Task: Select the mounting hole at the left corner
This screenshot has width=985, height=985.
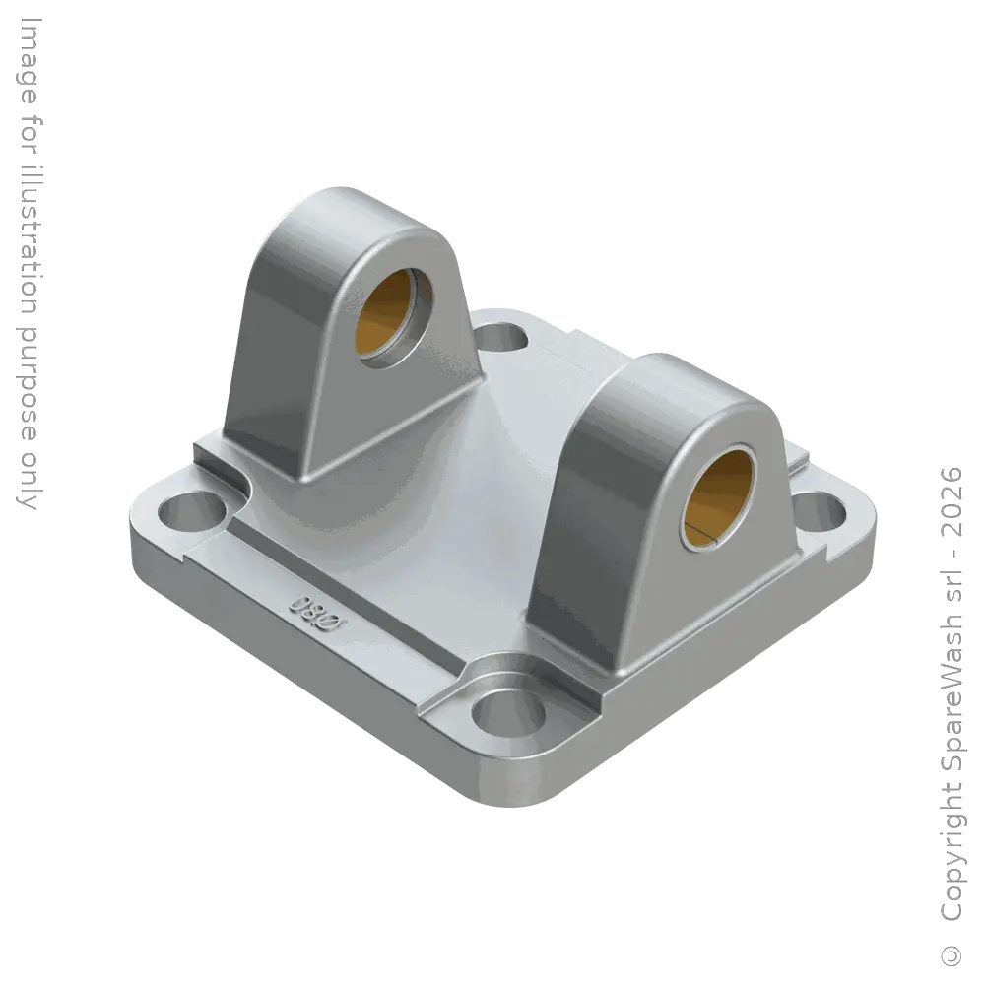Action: click(192, 511)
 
